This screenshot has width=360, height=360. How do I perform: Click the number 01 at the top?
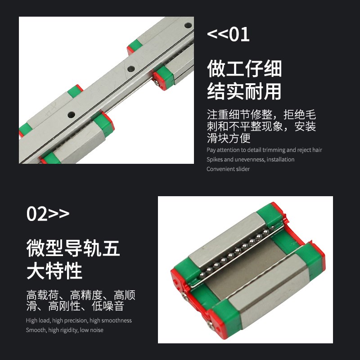point(240,35)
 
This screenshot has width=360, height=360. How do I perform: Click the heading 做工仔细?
point(244,68)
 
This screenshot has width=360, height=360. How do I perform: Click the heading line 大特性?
point(54,271)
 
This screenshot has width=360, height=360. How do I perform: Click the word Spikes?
point(215,160)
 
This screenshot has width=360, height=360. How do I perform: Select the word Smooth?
point(36,330)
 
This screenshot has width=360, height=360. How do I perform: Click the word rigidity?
point(69,330)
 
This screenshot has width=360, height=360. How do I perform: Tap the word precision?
point(76,321)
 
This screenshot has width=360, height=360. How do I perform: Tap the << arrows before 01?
point(218,35)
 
